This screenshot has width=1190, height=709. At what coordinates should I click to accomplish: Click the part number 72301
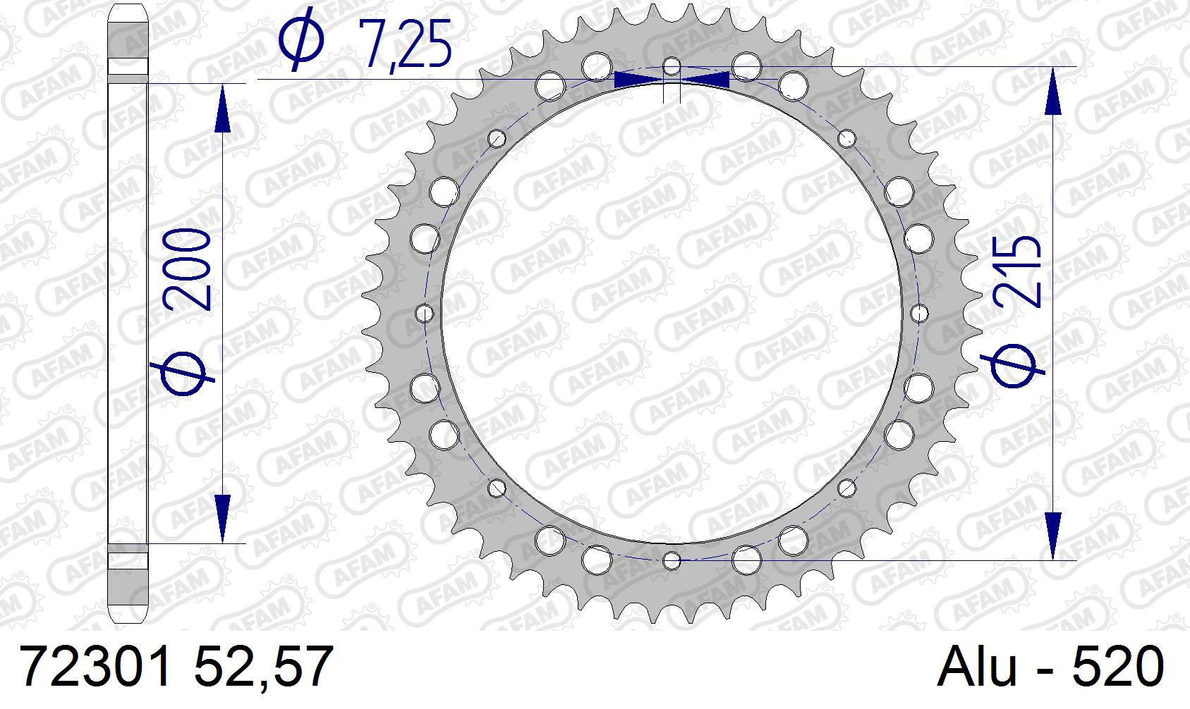coord(96,667)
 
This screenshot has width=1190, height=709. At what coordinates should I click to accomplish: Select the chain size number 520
coord(1118,667)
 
